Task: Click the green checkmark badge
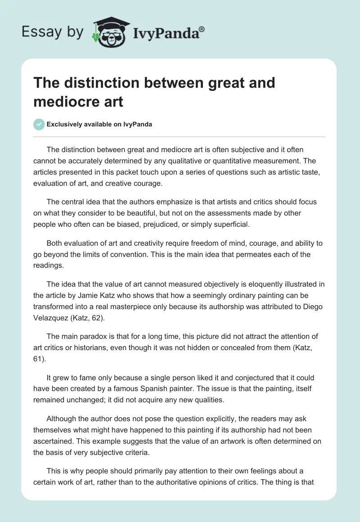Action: pyautogui.click(x=39, y=124)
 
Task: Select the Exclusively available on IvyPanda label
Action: pyautogui.click(x=99, y=124)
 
